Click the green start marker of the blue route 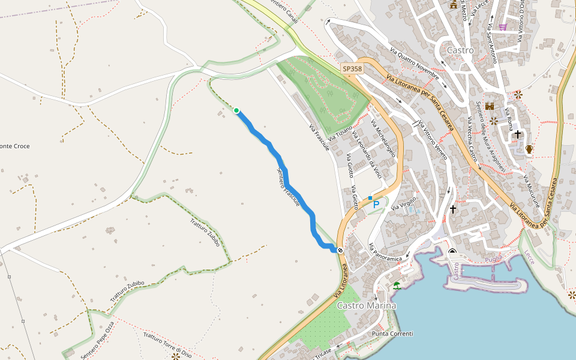[x=236, y=110]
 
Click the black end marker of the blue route [x=340, y=250]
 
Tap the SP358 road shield [x=352, y=69]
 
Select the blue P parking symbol [x=376, y=205]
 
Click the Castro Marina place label [x=367, y=306]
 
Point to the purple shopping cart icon [x=502, y=27]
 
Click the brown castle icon [x=489, y=106]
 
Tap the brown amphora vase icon [x=529, y=148]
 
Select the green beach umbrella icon [x=397, y=285]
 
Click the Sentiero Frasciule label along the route [x=288, y=187]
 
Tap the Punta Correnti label [x=392, y=334]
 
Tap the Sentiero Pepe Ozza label [x=97, y=340]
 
